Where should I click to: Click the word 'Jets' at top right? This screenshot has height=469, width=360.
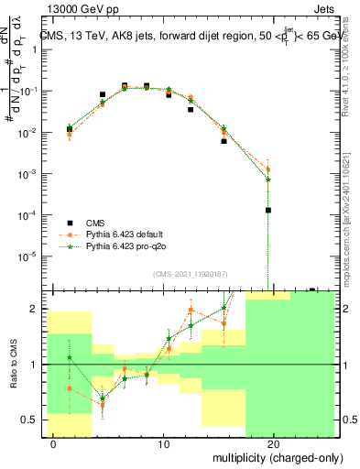click(x=322, y=8)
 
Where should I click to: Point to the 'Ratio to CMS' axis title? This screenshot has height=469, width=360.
click(x=12, y=365)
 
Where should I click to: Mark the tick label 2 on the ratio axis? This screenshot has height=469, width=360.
click(x=36, y=309)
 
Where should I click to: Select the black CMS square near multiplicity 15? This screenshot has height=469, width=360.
click(x=224, y=141)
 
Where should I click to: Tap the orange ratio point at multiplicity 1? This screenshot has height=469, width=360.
click(x=70, y=388)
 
